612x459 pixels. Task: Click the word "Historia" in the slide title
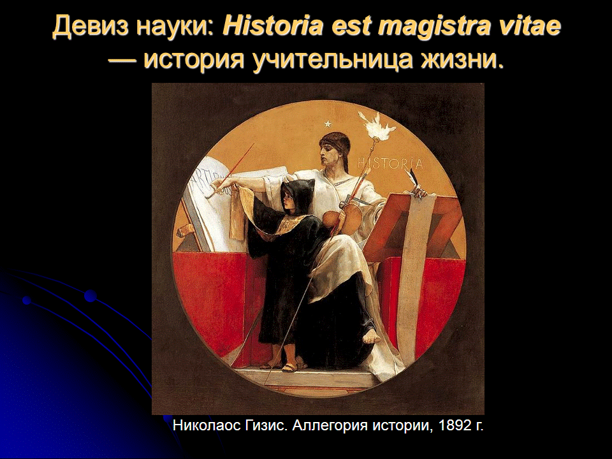(272, 27)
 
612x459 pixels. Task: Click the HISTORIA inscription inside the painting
(390, 163)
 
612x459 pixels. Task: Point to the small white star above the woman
(328, 124)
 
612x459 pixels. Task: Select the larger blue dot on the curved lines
(91, 296)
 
